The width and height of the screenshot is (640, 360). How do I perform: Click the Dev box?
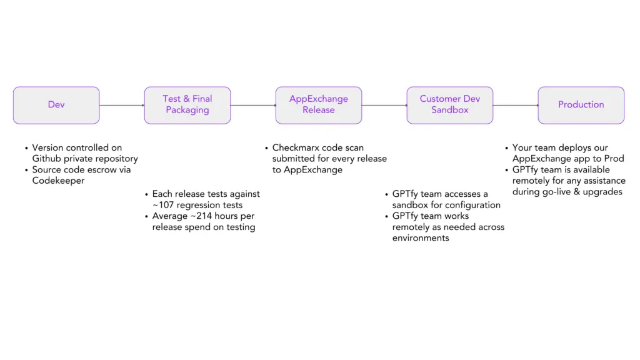tap(56, 105)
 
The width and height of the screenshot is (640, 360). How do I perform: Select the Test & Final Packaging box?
tap(187, 105)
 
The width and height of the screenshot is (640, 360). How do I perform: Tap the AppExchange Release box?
tap(319, 105)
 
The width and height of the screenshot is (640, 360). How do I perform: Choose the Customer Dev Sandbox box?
tap(450, 105)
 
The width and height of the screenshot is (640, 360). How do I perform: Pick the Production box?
tap(581, 105)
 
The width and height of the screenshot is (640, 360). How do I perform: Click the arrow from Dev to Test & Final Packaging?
tap(122, 105)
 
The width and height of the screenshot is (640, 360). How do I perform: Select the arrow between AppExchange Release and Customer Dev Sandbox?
tap(384, 105)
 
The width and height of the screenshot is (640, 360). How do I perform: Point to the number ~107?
tap(165, 205)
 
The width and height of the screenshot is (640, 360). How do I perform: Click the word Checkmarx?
tap(296, 148)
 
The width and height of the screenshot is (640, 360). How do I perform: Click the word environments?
tap(421, 238)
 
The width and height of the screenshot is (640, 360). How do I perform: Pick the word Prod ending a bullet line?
tap(614, 159)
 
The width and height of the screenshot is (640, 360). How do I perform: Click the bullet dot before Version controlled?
tap(26, 149)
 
